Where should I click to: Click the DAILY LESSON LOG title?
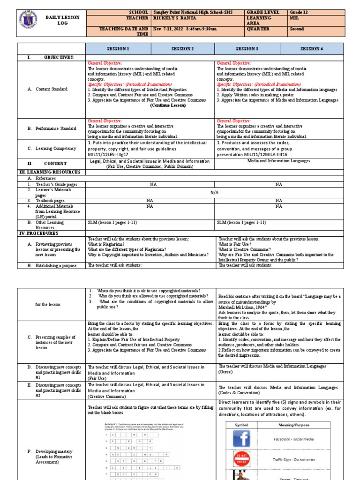click(62, 20)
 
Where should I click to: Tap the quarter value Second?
click(297, 29)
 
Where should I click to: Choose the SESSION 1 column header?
click(118, 48)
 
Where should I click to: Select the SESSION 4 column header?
click(311, 48)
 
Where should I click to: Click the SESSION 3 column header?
click(247, 48)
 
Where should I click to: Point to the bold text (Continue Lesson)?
click(168, 105)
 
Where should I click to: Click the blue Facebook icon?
click(244, 439)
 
